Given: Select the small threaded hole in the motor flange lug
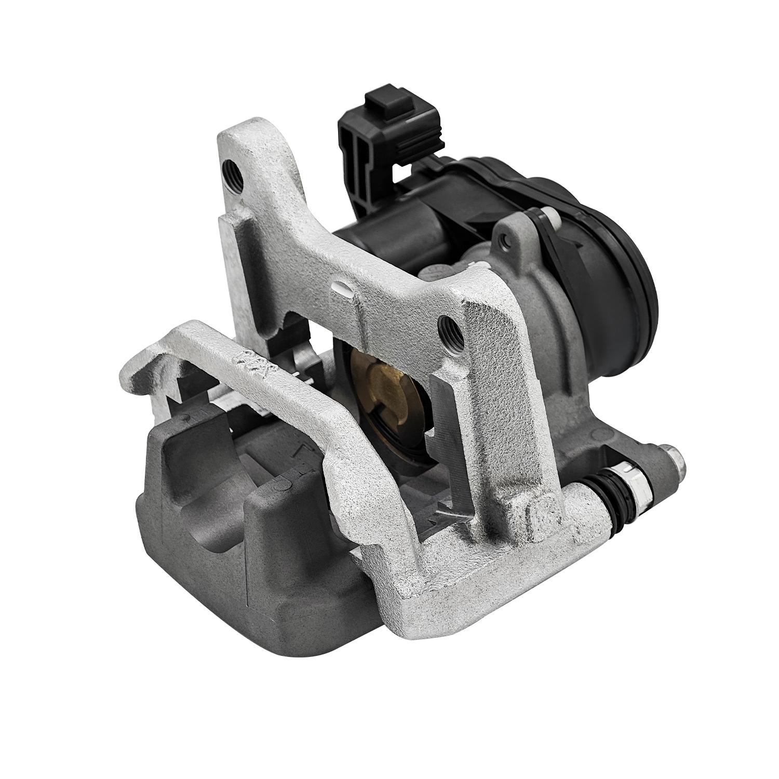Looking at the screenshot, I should (x=503, y=240).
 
